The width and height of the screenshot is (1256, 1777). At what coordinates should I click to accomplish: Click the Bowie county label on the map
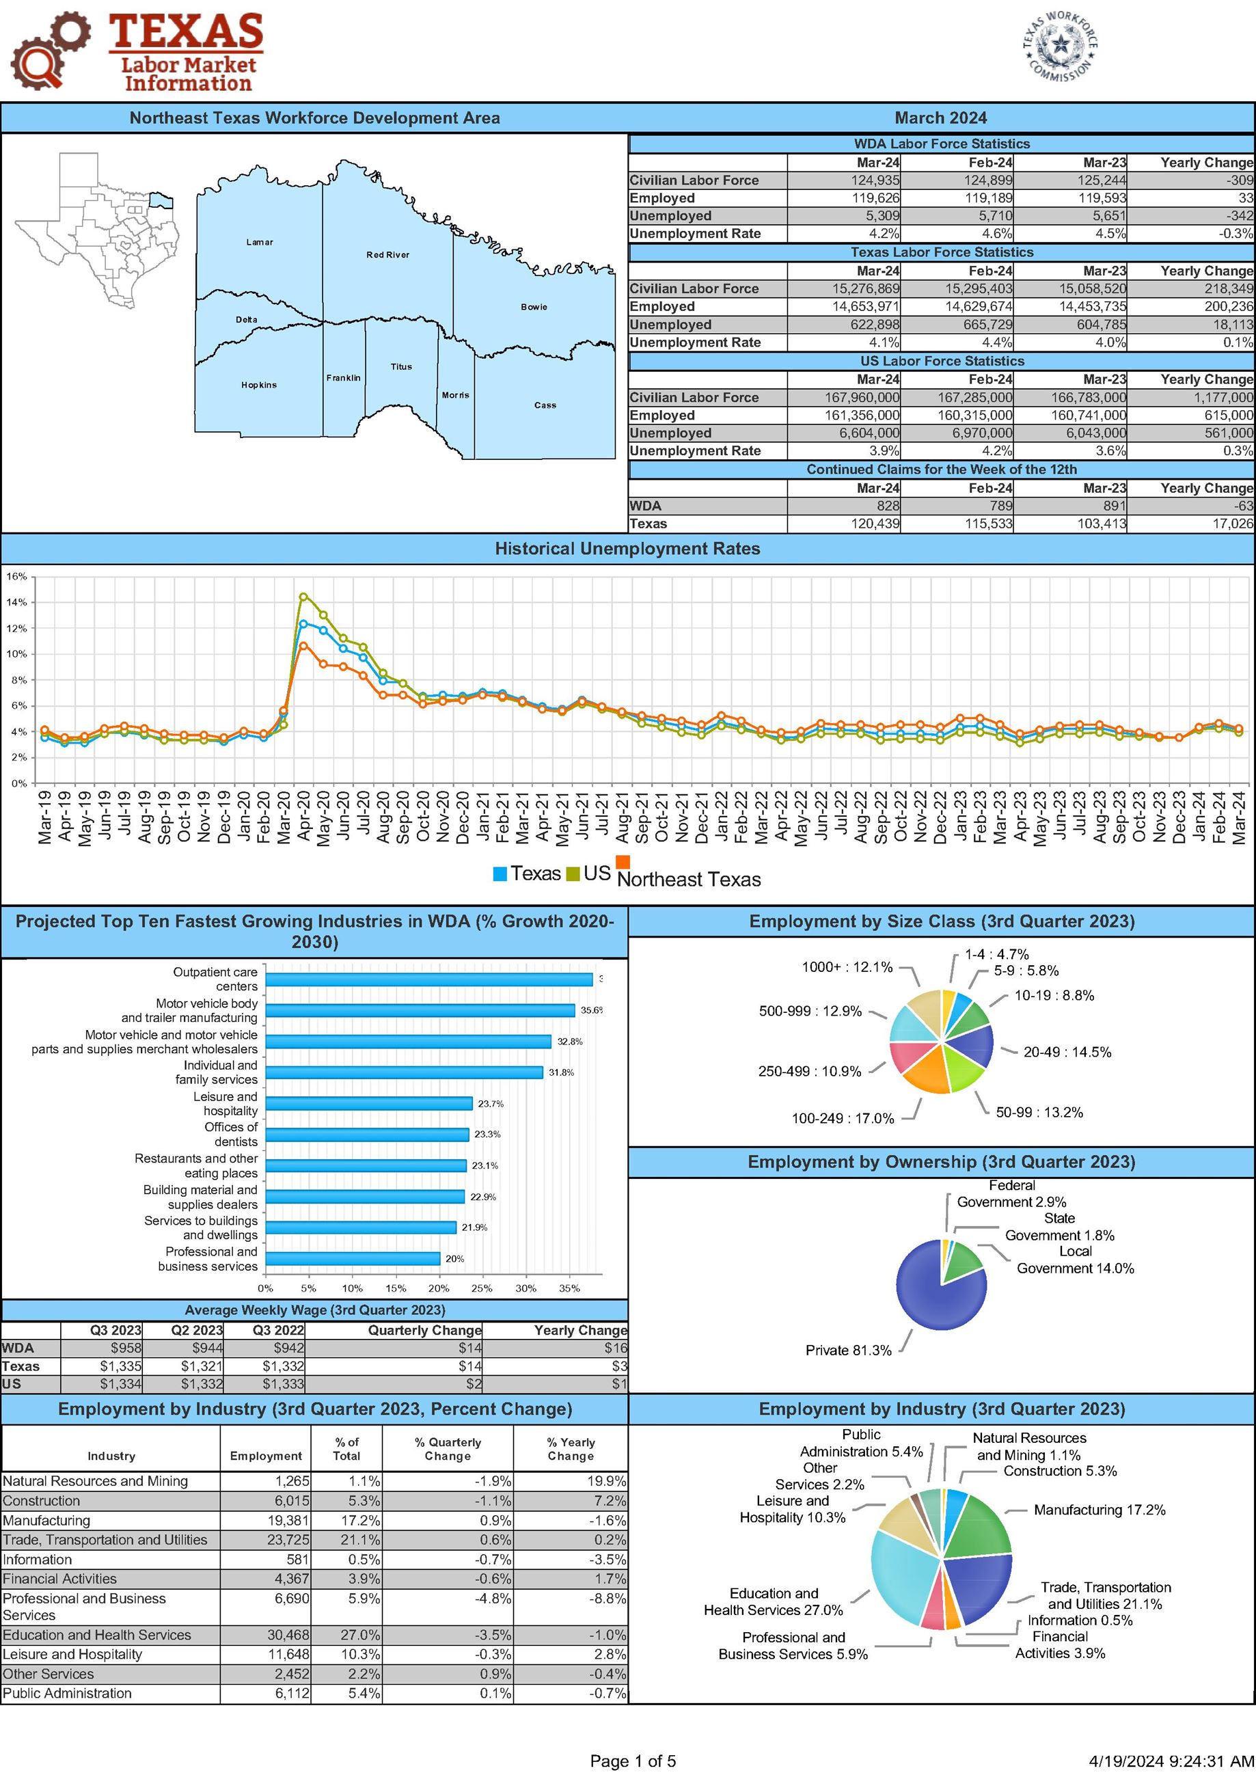pos(533,306)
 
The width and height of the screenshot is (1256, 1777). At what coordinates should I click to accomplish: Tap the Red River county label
pos(387,255)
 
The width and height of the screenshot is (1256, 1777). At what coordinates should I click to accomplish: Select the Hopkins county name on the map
pos(258,385)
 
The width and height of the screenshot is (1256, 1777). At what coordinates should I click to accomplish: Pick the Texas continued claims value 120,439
pos(875,524)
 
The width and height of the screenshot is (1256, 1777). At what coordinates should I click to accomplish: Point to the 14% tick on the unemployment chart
pos(16,602)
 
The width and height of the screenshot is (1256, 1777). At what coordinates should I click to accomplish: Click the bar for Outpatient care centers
pos(428,979)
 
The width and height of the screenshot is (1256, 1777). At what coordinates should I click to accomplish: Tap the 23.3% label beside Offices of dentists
pos(487,1135)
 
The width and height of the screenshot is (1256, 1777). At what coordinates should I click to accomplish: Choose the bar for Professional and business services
pos(353,1258)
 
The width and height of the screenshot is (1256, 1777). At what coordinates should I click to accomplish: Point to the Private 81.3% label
pos(848,1351)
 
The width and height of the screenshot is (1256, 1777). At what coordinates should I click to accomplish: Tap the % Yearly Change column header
pos(571,1449)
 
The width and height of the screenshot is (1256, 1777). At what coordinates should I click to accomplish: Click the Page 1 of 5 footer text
pos(632,1761)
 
